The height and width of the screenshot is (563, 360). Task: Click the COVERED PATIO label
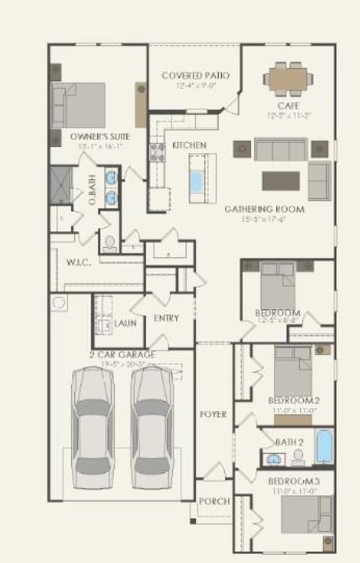click(195, 76)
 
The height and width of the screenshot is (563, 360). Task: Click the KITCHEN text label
click(190, 145)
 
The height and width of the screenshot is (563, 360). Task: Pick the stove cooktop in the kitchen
click(158, 152)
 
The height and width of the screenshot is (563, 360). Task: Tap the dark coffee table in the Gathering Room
click(280, 181)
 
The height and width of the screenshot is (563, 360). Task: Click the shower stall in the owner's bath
click(60, 184)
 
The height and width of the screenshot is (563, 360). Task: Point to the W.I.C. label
click(77, 263)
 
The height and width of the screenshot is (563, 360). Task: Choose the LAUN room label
click(124, 323)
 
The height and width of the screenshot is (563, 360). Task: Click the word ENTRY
click(166, 318)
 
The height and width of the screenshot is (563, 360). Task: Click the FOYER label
click(213, 414)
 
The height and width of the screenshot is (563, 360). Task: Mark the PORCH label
click(213, 502)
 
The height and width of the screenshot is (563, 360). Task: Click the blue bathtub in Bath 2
click(323, 446)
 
